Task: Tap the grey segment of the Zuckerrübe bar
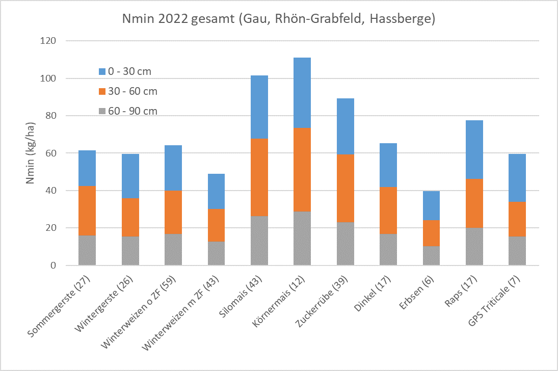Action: pyautogui.click(x=346, y=244)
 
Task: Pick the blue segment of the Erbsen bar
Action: pyautogui.click(x=431, y=205)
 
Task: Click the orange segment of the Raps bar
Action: pyautogui.click(x=474, y=203)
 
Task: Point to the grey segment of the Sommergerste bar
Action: pyautogui.click(x=87, y=250)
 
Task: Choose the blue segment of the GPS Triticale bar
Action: pyautogui.click(x=517, y=177)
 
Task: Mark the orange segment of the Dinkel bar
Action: pyautogui.click(x=388, y=210)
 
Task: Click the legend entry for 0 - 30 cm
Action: pyautogui.click(x=125, y=72)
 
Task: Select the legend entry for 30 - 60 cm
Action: pyautogui.click(x=127, y=92)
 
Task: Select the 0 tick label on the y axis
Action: pyautogui.click(x=53, y=266)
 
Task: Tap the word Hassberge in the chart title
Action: pyautogui.click(x=402, y=19)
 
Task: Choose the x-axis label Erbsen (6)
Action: pyautogui.click(x=416, y=291)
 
